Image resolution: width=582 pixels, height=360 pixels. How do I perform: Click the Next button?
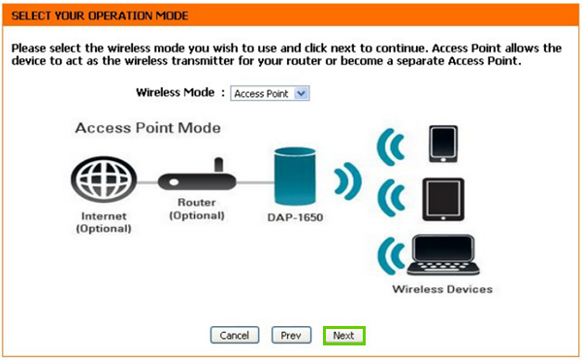(x=343, y=335)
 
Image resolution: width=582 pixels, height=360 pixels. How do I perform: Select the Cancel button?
(x=234, y=335)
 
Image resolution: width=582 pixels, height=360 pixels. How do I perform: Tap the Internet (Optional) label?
(x=102, y=221)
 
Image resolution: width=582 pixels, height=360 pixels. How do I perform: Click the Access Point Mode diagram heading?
(x=147, y=128)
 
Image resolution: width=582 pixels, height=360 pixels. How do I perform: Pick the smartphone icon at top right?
(x=444, y=143)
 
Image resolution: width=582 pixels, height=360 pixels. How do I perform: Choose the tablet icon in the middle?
(x=444, y=198)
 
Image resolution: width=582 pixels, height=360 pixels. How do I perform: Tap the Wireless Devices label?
(x=442, y=289)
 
